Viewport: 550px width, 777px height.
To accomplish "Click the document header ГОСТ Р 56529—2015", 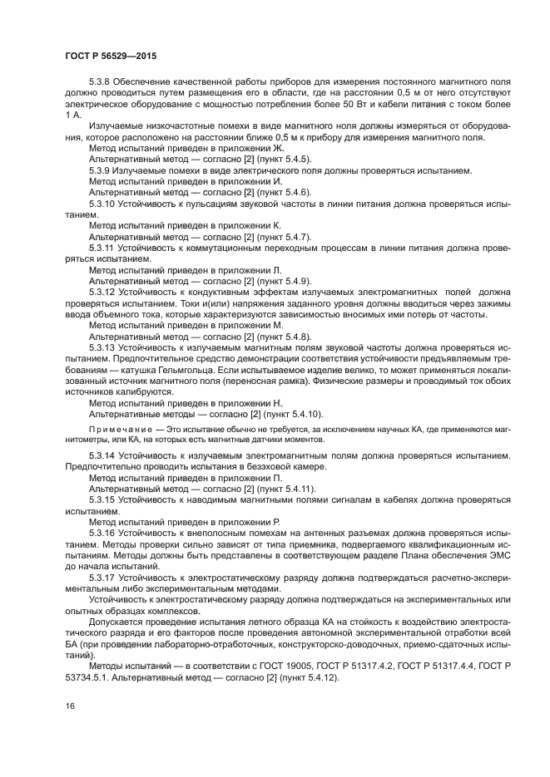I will click(x=110, y=56).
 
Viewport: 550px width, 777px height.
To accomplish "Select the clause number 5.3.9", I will click(x=102, y=170).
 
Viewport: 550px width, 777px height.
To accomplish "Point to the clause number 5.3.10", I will click(x=104, y=202).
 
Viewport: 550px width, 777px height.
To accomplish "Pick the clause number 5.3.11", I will click(x=103, y=248).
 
